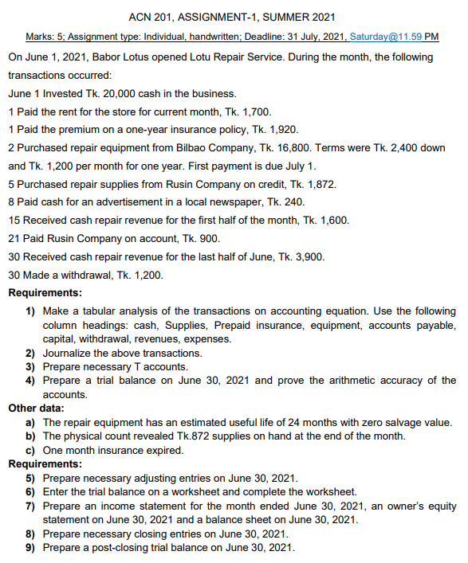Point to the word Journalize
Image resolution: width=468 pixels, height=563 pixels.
[x=69, y=353]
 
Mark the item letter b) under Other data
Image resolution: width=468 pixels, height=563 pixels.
[x=31, y=436]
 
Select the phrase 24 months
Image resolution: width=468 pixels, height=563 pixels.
[x=305, y=422]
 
